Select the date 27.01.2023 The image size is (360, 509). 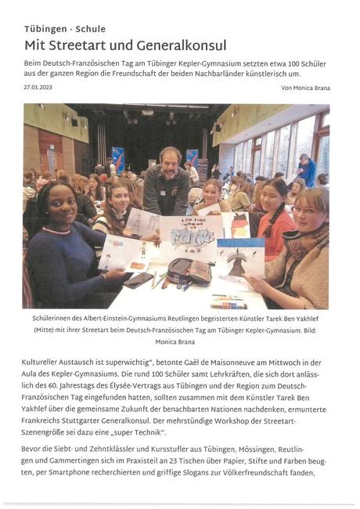coord(38,88)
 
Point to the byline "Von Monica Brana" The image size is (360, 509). coord(304,88)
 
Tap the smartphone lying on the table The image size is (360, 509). coord(142,279)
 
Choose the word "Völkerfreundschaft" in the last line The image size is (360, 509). coord(266,473)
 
